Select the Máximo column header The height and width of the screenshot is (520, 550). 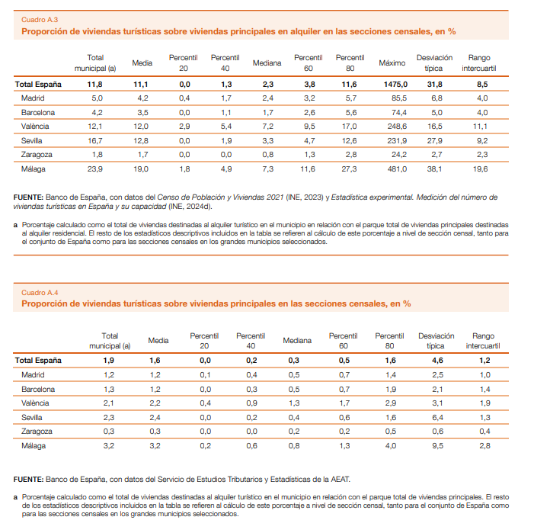pos(392,63)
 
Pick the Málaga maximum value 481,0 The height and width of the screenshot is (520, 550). pos(398,169)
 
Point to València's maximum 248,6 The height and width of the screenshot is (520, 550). pos(398,127)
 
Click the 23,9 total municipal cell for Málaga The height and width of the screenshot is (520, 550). pos(95,169)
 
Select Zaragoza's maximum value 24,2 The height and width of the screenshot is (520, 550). pos(399,155)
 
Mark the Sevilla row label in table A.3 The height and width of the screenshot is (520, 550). pos(32,141)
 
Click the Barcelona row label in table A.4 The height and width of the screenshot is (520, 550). pos(38,389)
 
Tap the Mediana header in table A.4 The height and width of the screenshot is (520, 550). pos(297,340)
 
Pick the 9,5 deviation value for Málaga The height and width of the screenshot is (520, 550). pos(438,445)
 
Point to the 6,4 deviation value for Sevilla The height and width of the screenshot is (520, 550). pos(438,417)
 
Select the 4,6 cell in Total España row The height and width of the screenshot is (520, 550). pos(438,360)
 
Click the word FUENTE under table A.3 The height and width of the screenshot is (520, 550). pos(28,197)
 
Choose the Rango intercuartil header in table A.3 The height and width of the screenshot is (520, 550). pos(479,63)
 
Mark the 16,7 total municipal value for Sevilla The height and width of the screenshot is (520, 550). pos(95,141)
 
